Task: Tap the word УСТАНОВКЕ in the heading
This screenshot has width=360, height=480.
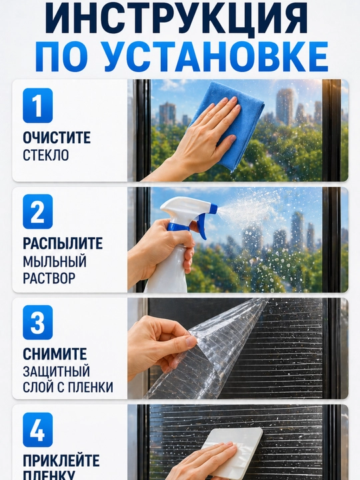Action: pos(215,57)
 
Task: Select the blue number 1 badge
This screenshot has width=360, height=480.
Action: pos(37,105)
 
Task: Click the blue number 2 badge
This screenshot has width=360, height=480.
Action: pos(37,211)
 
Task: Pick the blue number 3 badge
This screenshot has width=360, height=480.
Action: pos(37,323)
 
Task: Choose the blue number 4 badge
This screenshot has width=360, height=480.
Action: pos(37,430)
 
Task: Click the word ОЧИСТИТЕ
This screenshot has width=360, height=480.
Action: pos(57,138)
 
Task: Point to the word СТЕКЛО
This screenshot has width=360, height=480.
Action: pos(46,155)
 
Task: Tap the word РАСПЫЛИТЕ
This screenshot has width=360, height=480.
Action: pos(63,244)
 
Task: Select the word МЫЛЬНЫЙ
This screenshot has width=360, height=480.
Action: pos(55,261)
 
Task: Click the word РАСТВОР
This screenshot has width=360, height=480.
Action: pos(49,278)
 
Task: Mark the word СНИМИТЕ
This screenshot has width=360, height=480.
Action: pos(55,354)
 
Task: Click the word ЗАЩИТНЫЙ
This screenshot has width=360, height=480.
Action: pos(56,371)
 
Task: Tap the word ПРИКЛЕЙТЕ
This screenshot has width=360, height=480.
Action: pos(61,461)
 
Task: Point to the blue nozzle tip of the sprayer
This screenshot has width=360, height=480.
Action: pos(213,209)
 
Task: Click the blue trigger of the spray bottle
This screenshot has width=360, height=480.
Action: pos(202,227)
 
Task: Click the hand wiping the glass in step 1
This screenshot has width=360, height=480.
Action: pos(199,138)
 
